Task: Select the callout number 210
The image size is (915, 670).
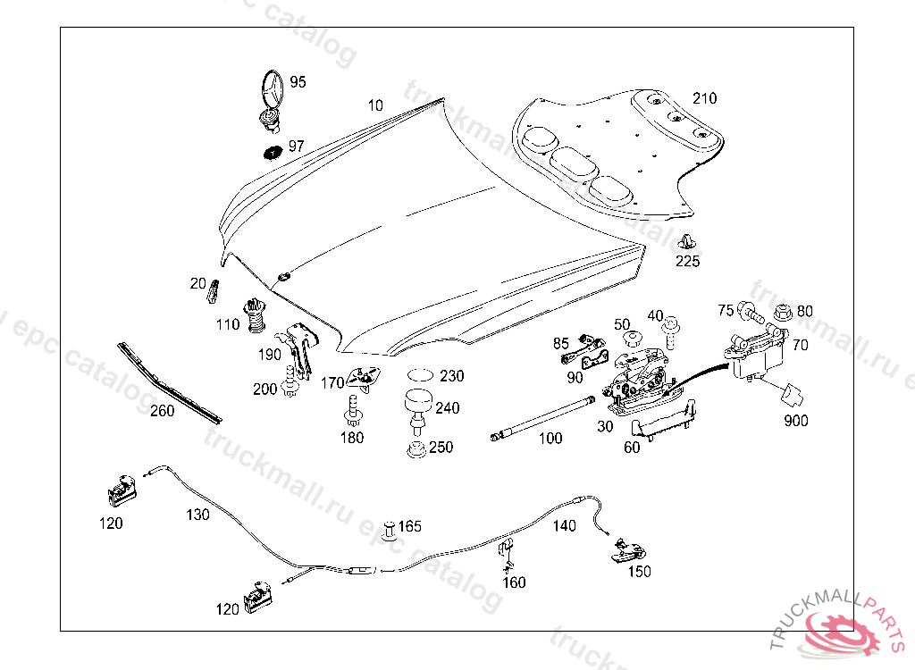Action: [704, 98]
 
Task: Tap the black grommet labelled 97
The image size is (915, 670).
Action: [272, 150]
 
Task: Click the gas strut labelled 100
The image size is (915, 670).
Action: [542, 418]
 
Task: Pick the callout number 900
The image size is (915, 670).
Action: [796, 419]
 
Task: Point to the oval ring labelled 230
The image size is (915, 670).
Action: [421, 375]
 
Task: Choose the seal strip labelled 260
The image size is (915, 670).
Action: [168, 382]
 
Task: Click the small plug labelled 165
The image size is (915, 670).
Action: [389, 528]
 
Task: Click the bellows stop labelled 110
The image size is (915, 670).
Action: [256, 314]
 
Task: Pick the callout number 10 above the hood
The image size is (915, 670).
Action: [375, 105]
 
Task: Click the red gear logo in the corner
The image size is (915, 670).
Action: [844, 632]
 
